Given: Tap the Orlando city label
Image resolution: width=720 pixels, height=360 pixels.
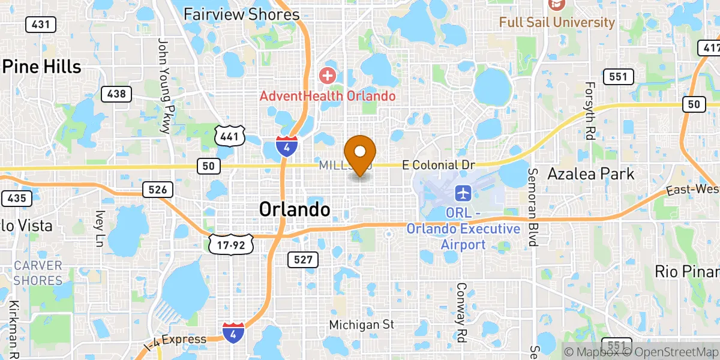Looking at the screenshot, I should [295, 209].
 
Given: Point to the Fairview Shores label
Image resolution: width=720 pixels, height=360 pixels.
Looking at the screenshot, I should [242, 14].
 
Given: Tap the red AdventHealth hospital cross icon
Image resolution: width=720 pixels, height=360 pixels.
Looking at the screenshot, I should [327, 76].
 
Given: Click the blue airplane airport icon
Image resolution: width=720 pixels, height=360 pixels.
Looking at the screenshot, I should [462, 193].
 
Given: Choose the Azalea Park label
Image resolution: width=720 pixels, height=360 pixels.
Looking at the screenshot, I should [591, 174].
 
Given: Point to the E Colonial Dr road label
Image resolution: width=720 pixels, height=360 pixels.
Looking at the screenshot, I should [438, 164].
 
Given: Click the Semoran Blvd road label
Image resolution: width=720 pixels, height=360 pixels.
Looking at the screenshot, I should [532, 207].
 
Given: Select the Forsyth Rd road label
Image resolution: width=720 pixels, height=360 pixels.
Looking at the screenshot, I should [589, 111].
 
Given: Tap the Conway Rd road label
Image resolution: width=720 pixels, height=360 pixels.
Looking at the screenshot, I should [461, 312].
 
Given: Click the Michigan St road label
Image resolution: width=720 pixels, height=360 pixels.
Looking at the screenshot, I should [361, 325].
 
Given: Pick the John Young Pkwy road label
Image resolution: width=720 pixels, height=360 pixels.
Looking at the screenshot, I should [163, 85].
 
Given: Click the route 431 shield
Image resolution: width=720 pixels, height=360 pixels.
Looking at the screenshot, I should [41, 25].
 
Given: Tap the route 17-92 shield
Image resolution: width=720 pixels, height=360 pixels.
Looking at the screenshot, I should [231, 244].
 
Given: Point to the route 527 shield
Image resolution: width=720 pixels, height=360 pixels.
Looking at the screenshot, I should [302, 259].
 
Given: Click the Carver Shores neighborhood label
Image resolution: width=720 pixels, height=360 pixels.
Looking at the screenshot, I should [38, 273].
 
